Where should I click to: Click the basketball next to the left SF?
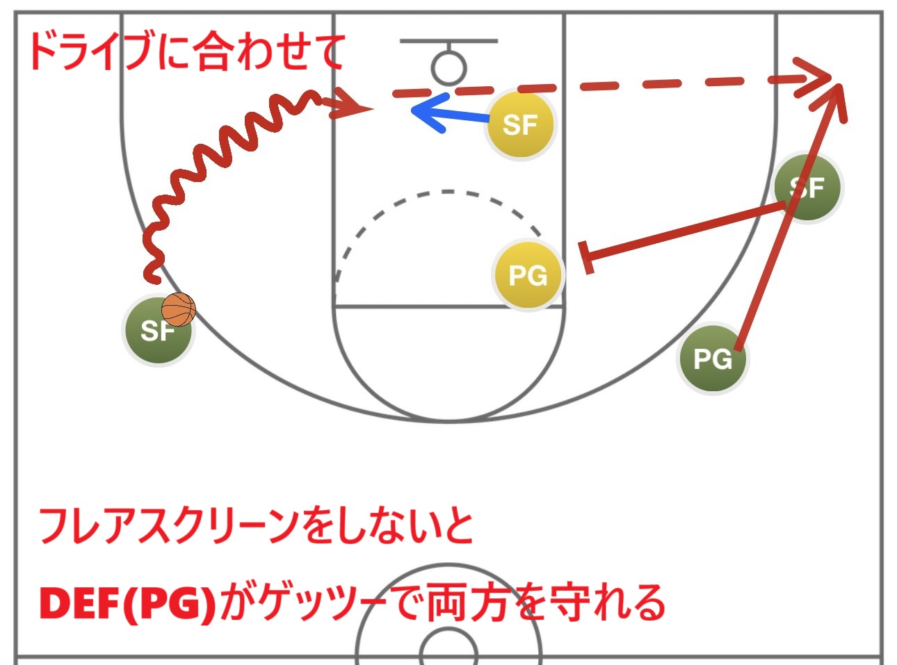(179, 310)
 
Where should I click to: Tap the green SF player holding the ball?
(157, 331)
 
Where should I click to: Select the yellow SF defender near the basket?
(519, 125)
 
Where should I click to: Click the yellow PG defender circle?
(528, 275)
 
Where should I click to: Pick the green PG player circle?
(713, 359)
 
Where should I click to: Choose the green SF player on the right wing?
(807, 188)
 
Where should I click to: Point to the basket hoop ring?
(448, 68)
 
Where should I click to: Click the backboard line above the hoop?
(448, 41)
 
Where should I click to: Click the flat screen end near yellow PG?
(585, 257)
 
